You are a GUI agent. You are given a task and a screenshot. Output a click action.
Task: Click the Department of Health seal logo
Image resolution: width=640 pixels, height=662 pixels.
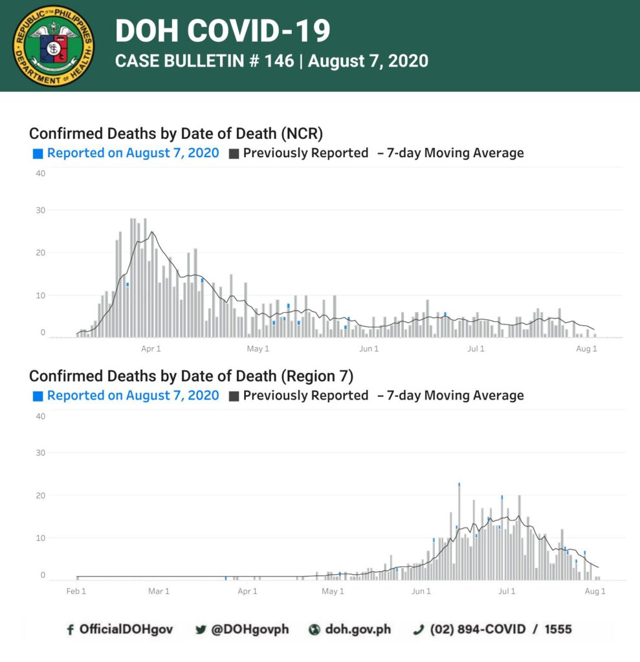(x=53, y=46)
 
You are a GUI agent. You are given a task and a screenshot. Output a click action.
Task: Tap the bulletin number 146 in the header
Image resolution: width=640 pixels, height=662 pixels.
(x=279, y=61)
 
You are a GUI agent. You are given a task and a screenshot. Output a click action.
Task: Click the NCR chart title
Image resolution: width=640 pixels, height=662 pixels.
(x=176, y=133)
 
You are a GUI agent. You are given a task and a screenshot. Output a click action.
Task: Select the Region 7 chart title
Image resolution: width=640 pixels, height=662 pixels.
(x=191, y=376)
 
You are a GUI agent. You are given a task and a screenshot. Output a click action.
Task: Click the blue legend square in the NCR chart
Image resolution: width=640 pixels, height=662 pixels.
(x=38, y=154)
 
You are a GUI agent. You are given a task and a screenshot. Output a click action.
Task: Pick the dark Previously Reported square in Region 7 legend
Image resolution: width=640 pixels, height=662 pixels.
(x=234, y=396)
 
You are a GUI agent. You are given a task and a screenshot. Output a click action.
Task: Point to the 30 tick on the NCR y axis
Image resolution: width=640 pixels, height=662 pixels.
(x=41, y=210)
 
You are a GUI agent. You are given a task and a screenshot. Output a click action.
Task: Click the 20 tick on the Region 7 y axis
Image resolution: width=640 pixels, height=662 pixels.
(x=41, y=495)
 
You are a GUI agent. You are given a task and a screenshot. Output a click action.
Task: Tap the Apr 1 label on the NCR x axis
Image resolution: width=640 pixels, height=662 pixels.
(x=151, y=348)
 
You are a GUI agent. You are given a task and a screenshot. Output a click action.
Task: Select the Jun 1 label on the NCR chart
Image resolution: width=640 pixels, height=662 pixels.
(x=369, y=348)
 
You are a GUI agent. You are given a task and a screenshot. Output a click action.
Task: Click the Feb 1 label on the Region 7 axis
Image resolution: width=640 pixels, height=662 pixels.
(x=76, y=591)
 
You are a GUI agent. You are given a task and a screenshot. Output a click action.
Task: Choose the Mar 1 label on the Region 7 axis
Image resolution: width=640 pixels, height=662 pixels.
(x=159, y=591)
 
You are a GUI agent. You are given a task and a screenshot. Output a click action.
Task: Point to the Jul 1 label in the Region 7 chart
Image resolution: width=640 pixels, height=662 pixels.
(x=507, y=591)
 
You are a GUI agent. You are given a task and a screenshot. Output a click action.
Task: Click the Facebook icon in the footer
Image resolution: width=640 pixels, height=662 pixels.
(x=70, y=630)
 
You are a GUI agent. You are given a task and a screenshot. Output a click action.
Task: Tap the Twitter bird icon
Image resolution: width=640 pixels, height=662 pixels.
(x=201, y=630)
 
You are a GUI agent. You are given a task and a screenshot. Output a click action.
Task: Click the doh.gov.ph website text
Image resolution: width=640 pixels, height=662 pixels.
(x=358, y=629)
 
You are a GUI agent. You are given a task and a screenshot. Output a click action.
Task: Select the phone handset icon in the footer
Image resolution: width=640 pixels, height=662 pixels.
(x=419, y=630)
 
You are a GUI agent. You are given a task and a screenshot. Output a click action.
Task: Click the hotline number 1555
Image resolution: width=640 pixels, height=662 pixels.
(x=558, y=629)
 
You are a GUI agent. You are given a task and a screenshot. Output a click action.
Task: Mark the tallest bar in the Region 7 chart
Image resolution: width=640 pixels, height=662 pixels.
(x=459, y=531)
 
